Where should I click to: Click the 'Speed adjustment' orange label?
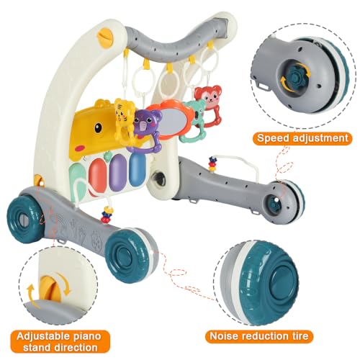tap(302, 138)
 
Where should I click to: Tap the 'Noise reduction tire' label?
tap(259, 336)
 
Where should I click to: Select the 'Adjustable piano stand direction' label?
tap(60, 342)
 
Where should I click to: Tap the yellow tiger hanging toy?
tap(124, 120)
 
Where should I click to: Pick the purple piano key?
tap(120, 171)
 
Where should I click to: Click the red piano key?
tap(99, 174)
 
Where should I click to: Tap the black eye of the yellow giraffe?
tap(98, 127)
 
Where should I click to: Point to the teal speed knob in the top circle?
tap(296, 73)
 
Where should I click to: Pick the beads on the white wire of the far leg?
tap(212, 163)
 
